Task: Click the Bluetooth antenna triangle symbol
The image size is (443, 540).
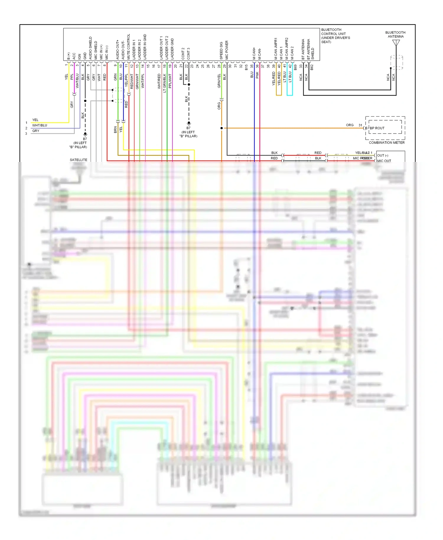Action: [x=396, y=43]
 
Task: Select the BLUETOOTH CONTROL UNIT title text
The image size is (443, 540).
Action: [x=335, y=36]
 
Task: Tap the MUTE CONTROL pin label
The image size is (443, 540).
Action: [x=128, y=47]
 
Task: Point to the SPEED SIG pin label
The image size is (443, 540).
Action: [x=221, y=51]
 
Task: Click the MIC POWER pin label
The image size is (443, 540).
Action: [x=227, y=50]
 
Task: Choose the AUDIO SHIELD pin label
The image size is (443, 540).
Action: [x=90, y=48]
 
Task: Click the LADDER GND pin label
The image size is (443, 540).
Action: [x=172, y=49]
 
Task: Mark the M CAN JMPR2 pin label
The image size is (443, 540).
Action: [x=286, y=48]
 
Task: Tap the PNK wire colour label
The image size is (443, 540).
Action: [x=257, y=75]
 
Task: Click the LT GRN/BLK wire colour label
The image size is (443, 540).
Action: [x=165, y=83]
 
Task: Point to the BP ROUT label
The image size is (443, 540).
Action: [x=377, y=128]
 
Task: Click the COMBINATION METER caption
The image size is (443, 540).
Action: [x=387, y=143]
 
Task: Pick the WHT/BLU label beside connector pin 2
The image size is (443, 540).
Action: [x=40, y=125]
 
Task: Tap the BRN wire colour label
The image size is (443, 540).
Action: [x=115, y=129]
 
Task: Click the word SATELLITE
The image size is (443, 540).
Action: [x=79, y=160]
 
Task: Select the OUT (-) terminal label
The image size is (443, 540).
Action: [x=383, y=155]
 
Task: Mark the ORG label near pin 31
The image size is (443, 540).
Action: [x=350, y=125]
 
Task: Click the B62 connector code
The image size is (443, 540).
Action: [x=312, y=67]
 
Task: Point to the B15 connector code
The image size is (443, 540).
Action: [x=246, y=67]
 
